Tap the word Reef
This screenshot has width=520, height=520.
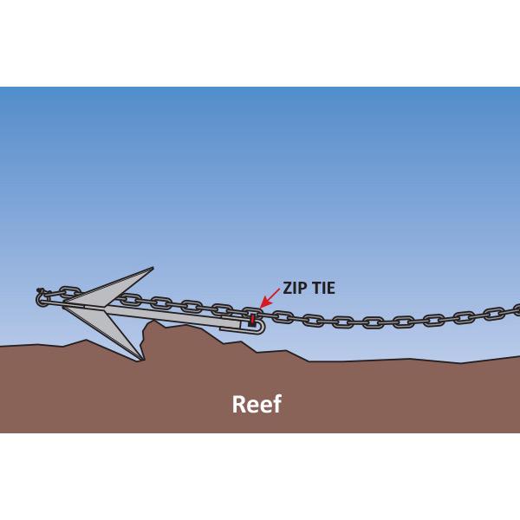[257, 405]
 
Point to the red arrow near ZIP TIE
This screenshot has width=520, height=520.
[270, 300]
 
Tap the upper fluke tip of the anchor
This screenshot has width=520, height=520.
[152, 270]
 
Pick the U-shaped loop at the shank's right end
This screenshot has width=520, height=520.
[260, 325]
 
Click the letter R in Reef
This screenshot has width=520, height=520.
[239, 405]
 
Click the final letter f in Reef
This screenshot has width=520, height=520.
[276, 404]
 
